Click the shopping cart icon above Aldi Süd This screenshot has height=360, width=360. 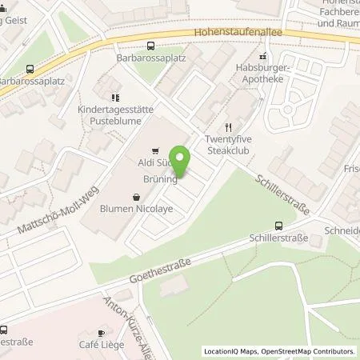click(154, 149)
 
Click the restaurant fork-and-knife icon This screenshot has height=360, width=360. click(228, 126)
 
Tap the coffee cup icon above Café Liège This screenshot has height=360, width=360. click(101, 333)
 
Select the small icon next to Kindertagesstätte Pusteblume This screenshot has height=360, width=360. click(101, 82)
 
